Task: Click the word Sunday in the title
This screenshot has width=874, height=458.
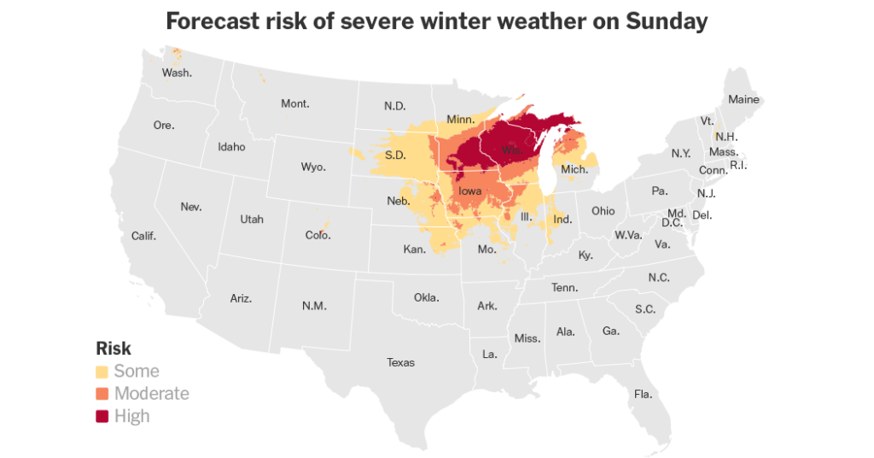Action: (x=665, y=21)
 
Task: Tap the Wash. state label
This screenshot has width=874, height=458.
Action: (x=177, y=73)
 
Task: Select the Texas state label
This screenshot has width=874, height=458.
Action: (x=400, y=362)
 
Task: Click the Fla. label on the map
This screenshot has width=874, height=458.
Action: (x=643, y=394)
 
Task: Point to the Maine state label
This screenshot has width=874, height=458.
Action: (x=743, y=99)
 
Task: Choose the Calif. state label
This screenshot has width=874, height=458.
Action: (x=143, y=236)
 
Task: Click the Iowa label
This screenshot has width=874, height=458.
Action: (x=470, y=191)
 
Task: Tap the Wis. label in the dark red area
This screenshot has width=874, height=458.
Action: (x=512, y=150)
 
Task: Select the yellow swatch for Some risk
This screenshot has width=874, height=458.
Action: (x=102, y=372)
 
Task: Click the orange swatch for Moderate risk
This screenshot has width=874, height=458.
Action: (x=102, y=394)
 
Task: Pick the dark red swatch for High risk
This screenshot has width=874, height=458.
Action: (x=102, y=416)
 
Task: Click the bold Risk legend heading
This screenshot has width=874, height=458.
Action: (x=114, y=349)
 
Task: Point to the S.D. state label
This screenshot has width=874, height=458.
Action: (x=395, y=155)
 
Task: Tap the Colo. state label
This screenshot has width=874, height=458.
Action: (x=318, y=235)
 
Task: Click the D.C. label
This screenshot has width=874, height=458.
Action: (x=671, y=223)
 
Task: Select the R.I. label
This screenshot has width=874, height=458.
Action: (x=738, y=165)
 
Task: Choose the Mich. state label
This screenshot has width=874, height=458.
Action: (x=574, y=169)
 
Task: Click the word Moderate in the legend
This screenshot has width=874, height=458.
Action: (x=152, y=394)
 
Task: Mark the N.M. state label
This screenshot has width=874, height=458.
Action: (x=314, y=306)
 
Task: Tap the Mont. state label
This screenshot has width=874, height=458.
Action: (x=294, y=103)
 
